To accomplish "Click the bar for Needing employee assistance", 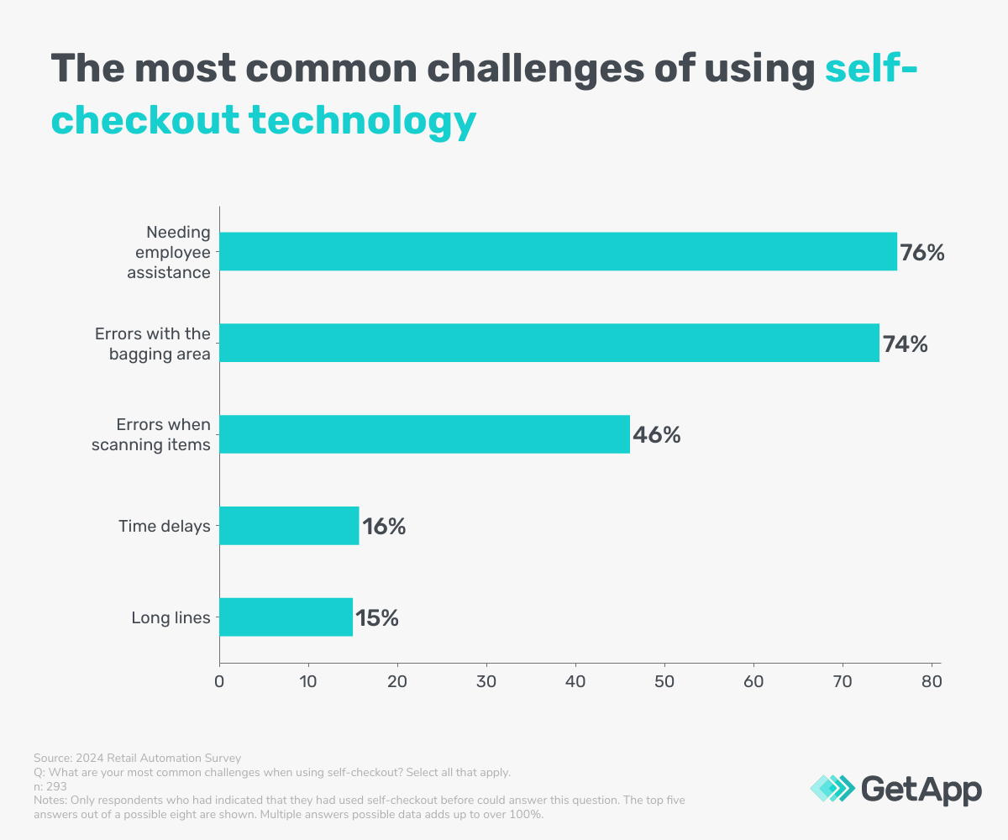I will point(558,251).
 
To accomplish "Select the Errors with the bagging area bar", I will point(549,343).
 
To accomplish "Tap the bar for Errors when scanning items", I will point(424,434).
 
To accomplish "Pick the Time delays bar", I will point(289,526).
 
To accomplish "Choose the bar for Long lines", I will point(286,617).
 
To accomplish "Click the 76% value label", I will point(922,253).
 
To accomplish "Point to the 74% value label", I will point(905,344).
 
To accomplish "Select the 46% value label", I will point(656,436).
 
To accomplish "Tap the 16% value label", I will point(384,528).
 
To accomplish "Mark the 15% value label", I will point(376,619).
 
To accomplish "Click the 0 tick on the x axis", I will point(219,681).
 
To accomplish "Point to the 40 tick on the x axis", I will point(575,681).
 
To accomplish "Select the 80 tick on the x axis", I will point(931,681).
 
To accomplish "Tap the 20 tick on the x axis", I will point(397,681).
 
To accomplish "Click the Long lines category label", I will point(171,618).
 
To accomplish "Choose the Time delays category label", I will point(164,527).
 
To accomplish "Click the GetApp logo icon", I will point(832,789).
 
